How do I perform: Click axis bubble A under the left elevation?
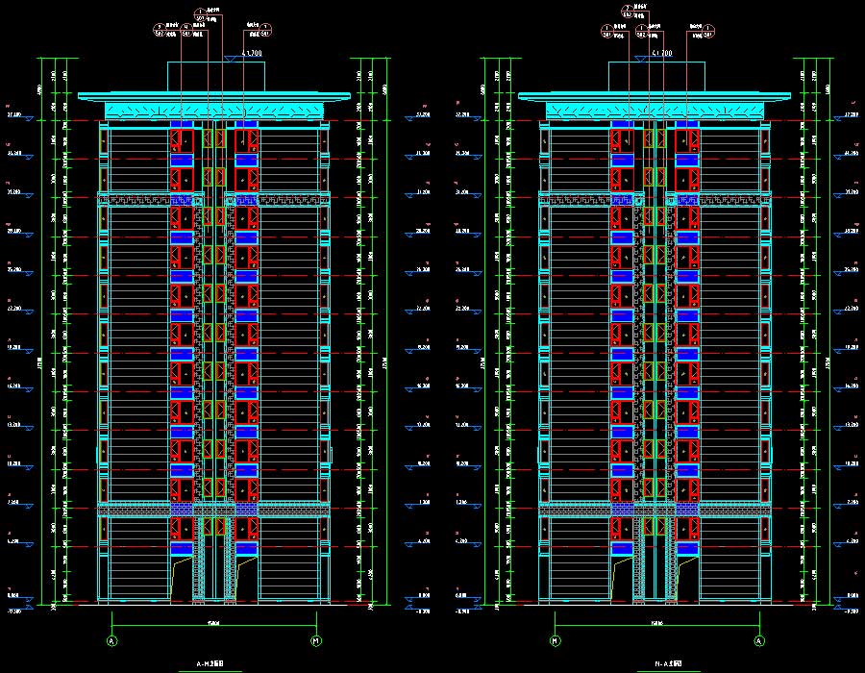pos(111,640)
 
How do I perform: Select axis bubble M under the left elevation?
pos(316,640)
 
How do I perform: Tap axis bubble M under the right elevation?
pos(555,640)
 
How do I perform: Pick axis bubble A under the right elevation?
pos(759,640)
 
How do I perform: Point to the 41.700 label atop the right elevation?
pos(661,54)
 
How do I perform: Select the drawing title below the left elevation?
pos(213,664)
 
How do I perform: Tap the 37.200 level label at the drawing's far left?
pos(14,114)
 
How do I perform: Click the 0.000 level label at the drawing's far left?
pos(14,597)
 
